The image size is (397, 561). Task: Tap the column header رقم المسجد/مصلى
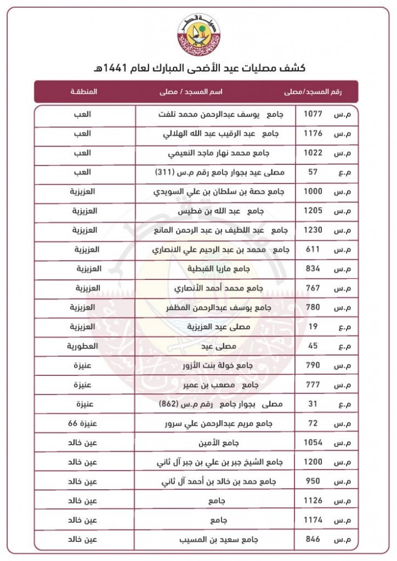318,91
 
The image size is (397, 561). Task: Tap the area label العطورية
82,346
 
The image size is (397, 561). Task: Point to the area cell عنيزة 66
82,423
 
